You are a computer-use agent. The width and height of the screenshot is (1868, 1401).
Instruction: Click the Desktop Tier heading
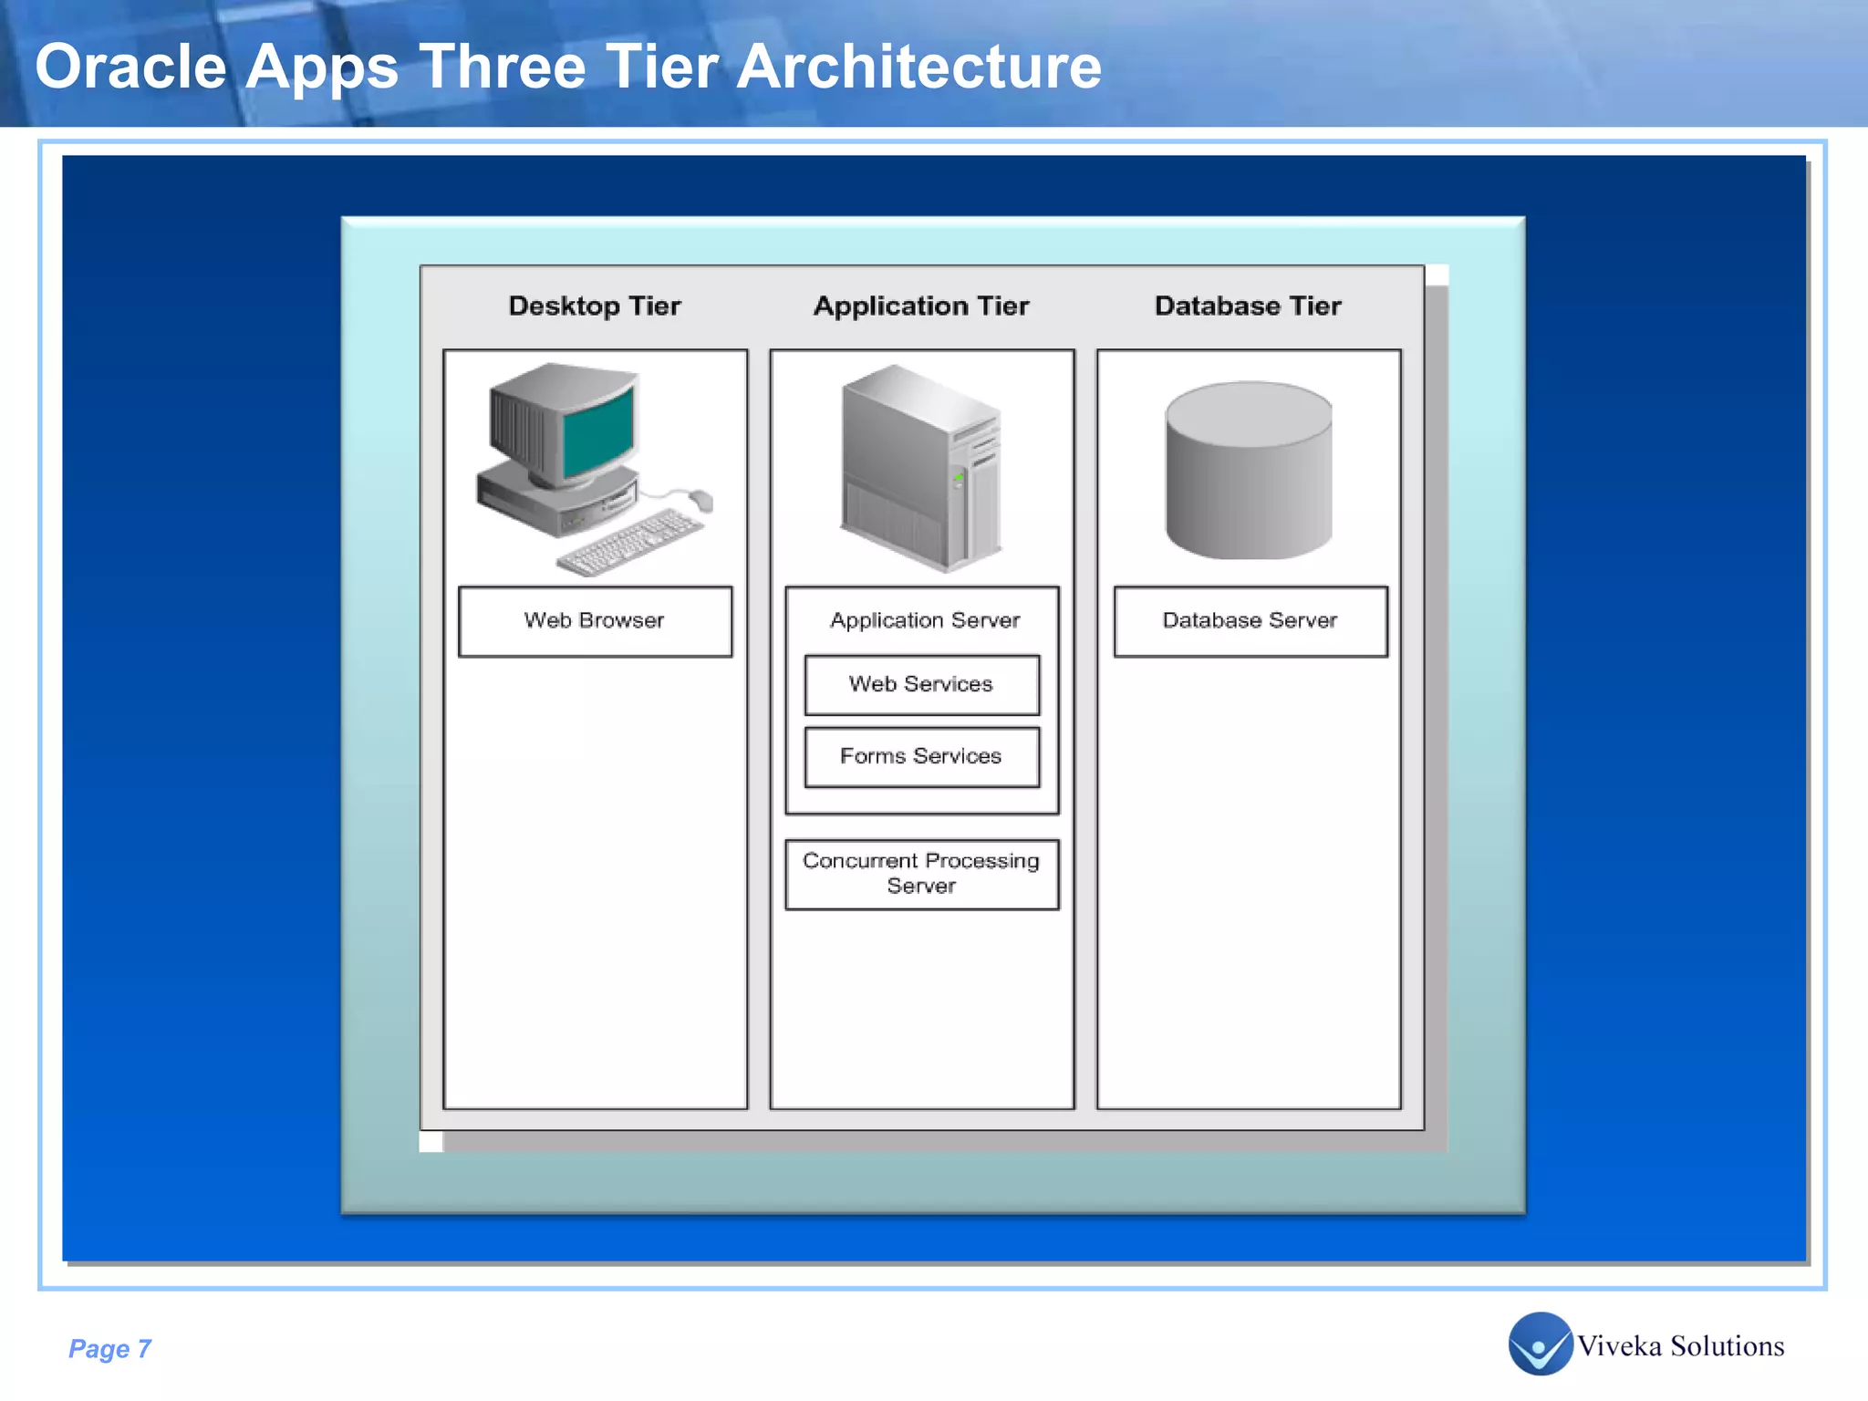(x=595, y=306)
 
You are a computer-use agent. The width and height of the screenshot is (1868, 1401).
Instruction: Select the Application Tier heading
(x=921, y=306)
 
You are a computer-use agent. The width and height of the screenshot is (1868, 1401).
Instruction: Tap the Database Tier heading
(x=1248, y=306)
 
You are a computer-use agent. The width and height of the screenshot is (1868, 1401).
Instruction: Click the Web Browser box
(x=595, y=621)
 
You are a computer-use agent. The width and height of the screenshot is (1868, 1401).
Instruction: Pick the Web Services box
(x=921, y=684)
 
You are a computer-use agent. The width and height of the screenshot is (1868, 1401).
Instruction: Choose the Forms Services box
(x=921, y=756)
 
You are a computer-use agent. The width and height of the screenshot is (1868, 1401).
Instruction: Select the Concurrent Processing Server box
(x=921, y=874)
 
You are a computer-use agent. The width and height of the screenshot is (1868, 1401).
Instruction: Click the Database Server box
(x=1250, y=621)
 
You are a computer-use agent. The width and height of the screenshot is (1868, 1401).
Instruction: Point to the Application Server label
(x=924, y=620)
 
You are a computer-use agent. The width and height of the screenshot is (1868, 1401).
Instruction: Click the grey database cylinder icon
(x=1249, y=470)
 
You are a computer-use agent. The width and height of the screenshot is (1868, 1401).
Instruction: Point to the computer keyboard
(x=630, y=544)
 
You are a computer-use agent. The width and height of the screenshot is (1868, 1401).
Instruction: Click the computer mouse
(x=701, y=499)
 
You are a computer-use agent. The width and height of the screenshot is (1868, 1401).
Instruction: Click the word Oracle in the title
(x=130, y=67)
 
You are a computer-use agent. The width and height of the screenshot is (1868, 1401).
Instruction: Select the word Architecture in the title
(x=918, y=67)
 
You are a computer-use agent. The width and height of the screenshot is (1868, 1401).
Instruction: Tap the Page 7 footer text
(x=109, y=1348)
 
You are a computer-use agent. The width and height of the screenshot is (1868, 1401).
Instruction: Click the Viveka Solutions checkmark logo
(x=1540, y=1344)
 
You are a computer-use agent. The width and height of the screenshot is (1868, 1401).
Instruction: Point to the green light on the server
(x=959, y=477)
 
